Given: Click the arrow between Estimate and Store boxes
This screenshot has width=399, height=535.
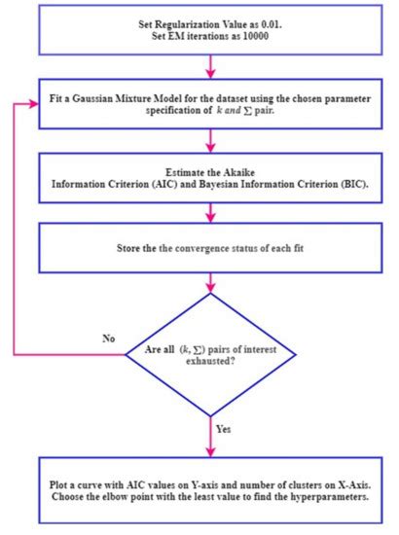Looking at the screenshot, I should click(210, 212).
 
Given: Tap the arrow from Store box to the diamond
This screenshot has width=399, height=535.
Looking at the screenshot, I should click(210, 289).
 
